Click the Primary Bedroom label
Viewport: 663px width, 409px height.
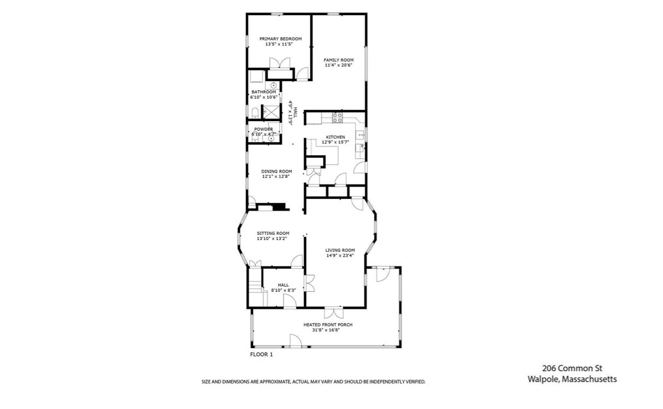280,39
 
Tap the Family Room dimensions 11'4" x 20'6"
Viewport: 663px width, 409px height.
338,65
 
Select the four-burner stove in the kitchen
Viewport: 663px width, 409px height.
337,117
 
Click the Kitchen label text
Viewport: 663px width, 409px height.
335,137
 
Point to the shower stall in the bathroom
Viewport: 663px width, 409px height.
271,112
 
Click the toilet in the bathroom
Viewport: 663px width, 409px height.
254,113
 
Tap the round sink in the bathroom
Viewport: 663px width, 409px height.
273,86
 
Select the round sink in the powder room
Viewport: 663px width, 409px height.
271,138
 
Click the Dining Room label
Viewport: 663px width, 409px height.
277,171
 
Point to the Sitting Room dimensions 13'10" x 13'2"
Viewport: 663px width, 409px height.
273,239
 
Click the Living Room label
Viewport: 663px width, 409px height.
340,250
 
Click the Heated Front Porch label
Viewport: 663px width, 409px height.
328,325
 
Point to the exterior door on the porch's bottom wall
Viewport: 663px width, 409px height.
295,341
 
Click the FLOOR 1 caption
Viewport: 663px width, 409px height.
262,355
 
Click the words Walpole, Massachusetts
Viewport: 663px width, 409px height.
572,379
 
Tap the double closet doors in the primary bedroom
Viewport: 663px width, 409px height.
280,63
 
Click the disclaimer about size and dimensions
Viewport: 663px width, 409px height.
313,382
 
